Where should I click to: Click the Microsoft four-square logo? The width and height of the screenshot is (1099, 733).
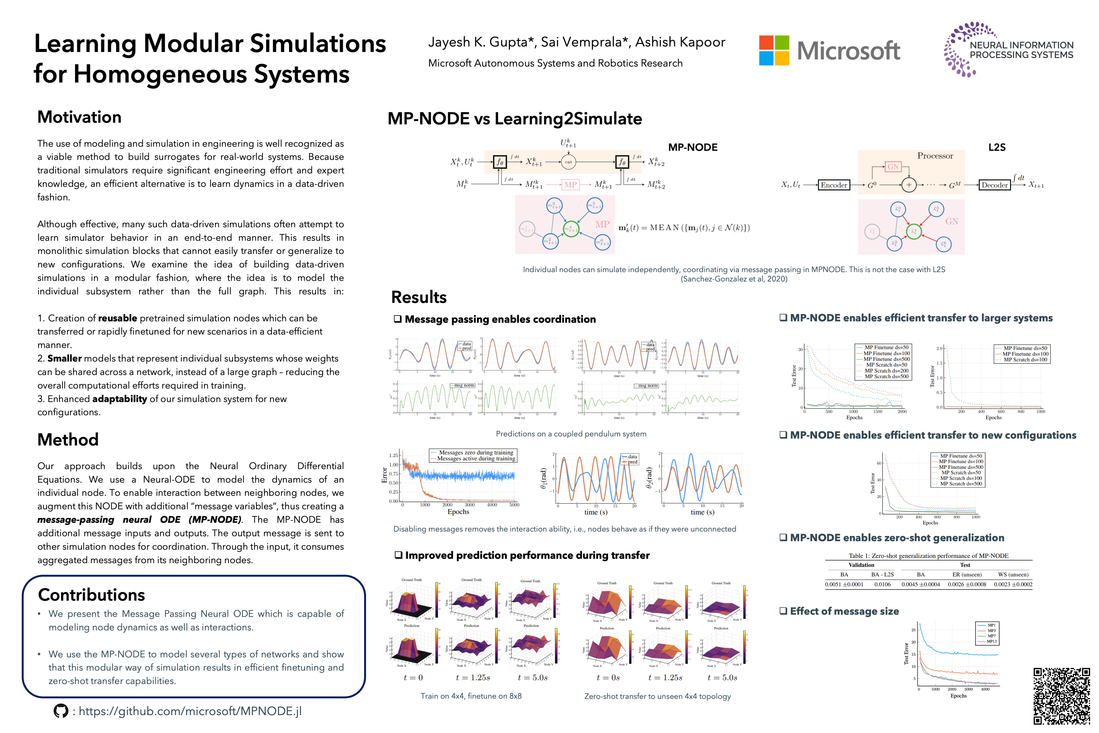point(774,51)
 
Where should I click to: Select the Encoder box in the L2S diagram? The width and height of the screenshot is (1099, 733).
point(834,185)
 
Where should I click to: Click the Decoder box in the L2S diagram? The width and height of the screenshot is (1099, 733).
point(994,185)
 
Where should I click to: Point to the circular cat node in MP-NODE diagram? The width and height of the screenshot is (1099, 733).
point(568,162)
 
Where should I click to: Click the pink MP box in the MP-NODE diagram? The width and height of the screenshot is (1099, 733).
point(570,185)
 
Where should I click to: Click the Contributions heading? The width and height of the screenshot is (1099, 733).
point(91,595)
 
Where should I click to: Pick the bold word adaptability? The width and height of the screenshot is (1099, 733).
point(120,399)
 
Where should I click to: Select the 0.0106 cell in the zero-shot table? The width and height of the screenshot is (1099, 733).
point(882,584)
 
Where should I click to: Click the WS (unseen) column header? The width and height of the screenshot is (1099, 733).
point(1013,574)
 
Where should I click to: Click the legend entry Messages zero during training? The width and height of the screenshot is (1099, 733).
point(476,452)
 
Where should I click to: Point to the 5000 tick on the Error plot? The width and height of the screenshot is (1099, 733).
point(514,505)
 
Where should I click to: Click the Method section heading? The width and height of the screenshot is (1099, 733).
point(68,440)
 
